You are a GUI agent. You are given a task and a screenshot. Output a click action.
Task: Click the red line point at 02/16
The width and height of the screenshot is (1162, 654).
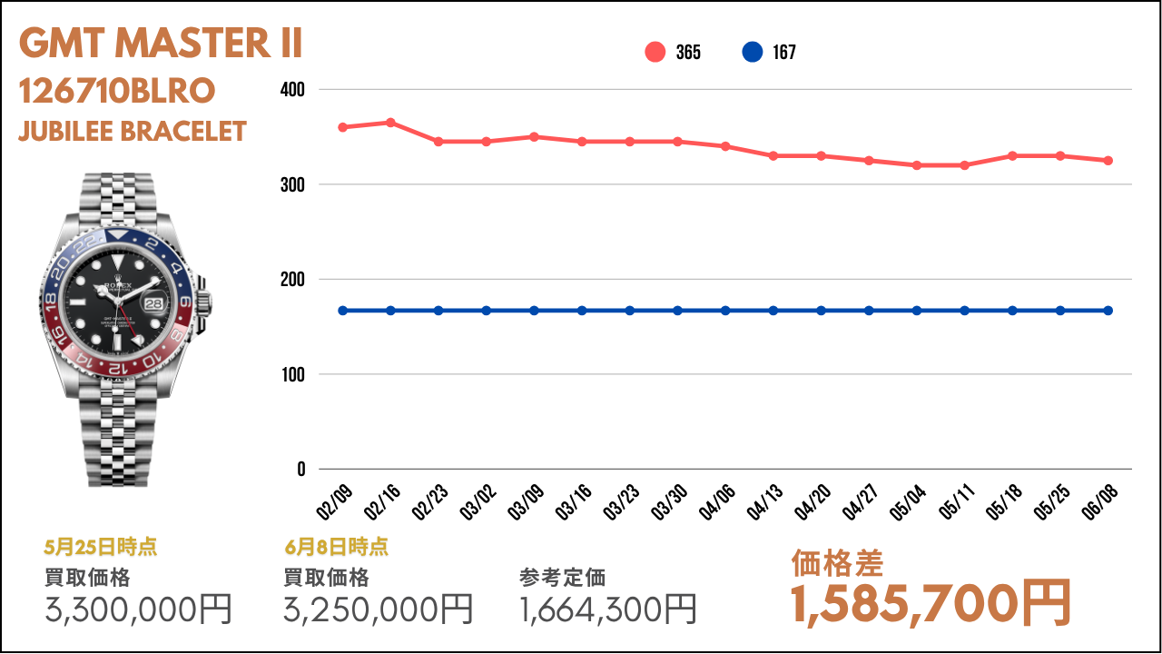390,123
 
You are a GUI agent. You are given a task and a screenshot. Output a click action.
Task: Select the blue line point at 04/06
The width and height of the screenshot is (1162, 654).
725,311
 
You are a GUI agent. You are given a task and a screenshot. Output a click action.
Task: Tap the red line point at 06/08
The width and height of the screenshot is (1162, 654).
1108,161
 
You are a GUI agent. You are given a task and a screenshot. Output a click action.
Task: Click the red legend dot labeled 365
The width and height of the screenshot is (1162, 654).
655,53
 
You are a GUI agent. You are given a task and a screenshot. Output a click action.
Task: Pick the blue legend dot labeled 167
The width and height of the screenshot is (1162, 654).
752,53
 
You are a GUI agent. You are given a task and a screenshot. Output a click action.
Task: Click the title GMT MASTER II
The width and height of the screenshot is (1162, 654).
161,44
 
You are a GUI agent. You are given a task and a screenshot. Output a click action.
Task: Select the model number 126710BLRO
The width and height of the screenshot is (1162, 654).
117,91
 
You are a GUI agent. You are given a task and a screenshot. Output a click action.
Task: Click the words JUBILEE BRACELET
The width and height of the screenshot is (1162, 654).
133,132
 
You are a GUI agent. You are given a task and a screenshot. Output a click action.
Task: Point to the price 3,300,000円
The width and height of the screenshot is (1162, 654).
139,609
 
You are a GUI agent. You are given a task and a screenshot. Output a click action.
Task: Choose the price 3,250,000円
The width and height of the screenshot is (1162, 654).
379,609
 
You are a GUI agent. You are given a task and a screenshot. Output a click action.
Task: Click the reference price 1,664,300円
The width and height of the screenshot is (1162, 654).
608,609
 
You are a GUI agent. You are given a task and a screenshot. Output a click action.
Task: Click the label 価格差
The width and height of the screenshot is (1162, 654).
837,563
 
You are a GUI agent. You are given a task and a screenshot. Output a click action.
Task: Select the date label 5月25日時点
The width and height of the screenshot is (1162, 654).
100,547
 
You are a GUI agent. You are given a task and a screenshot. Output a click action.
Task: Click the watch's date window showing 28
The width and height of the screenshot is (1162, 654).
156,301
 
